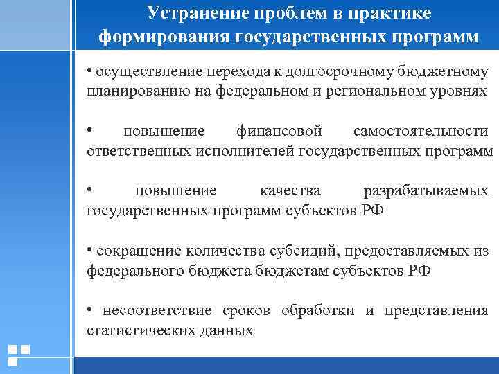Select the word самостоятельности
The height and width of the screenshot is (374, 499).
click(x=420, y=132)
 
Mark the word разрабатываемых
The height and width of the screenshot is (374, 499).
click(x=426, y=190)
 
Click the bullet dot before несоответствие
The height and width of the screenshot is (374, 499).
click(x=90, y=309)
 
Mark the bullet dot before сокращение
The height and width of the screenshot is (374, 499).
click(x=90, y=249)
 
